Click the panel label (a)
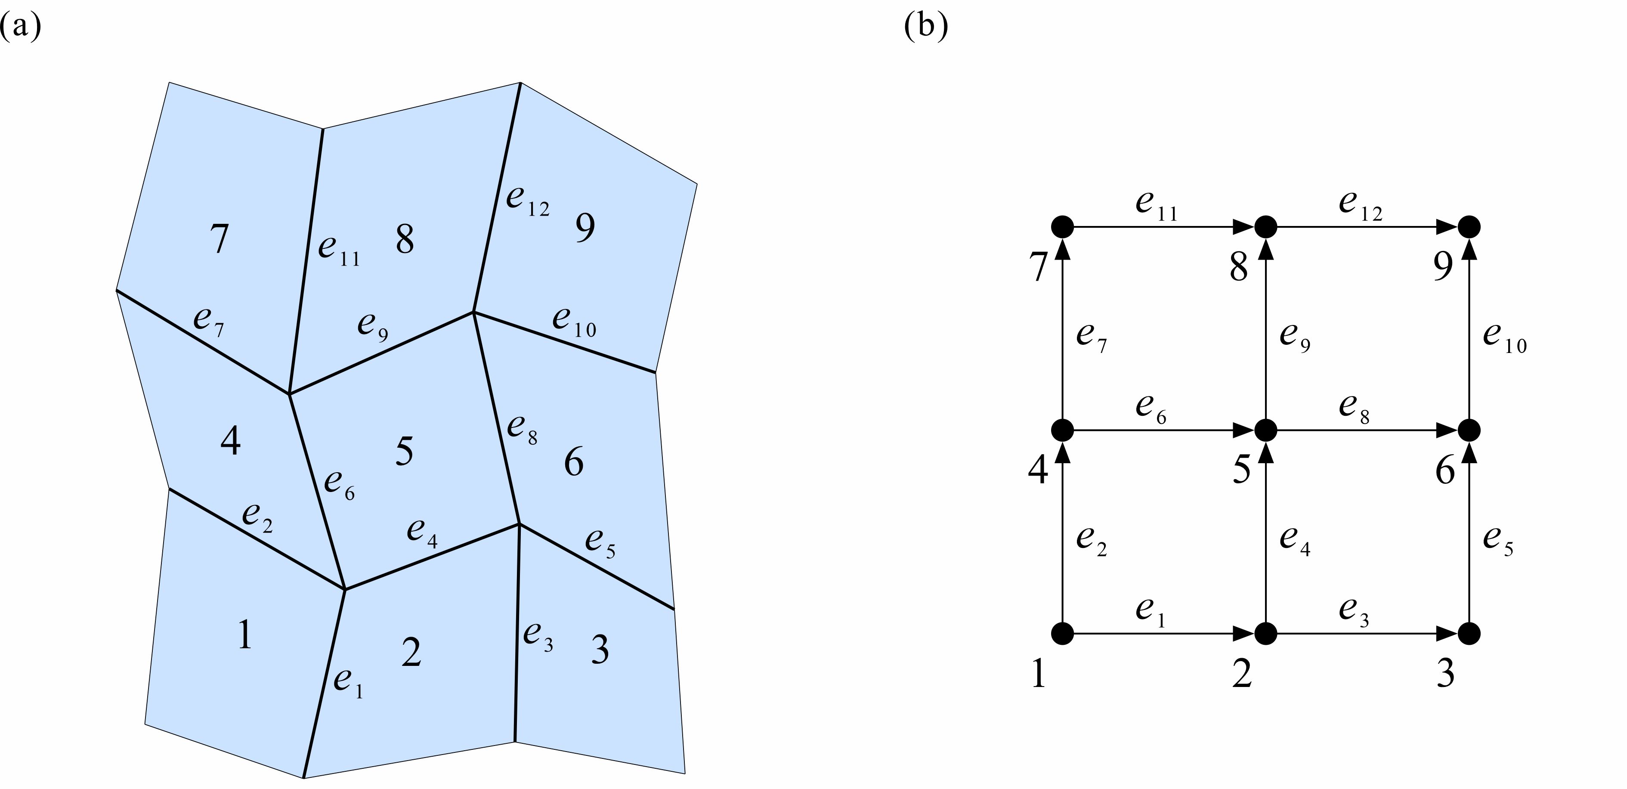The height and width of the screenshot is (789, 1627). tap(21, 27)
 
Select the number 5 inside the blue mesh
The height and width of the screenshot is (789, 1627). tap(404, 452)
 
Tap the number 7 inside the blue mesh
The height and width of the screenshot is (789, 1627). tap(219, 239)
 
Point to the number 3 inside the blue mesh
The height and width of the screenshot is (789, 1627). tap(600, 650)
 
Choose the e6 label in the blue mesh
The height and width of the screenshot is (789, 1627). tap(340, 485)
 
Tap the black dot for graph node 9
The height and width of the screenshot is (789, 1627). tap(1469, 226)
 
